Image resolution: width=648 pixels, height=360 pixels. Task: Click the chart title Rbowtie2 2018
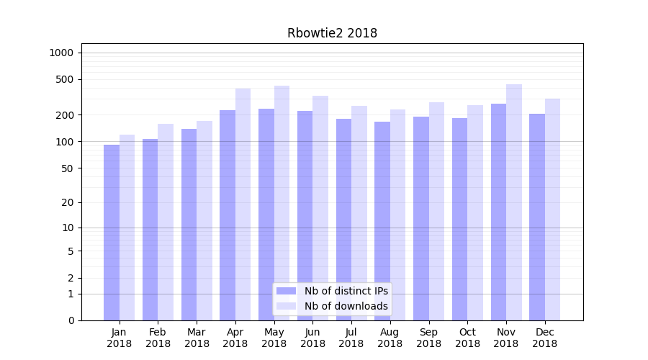pos(332,33)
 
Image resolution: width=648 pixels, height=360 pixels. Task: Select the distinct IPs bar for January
pos(112,233)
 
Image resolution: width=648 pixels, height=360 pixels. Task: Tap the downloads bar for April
pos(243,204)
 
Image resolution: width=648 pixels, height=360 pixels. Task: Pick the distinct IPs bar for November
pos(498,212)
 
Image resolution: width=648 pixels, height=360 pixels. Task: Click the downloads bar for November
pos(514,202)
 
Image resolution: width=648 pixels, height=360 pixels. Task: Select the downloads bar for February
pos(166,222)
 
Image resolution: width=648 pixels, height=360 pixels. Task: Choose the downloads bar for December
pos(553,210)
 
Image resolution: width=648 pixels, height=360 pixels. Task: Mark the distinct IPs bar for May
pos(266,215)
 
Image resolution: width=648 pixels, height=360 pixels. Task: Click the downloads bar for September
pos(436,211)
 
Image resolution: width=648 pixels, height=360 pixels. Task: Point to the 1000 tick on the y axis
pos(61,53)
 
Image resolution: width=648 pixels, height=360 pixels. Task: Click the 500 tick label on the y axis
pos(65,79)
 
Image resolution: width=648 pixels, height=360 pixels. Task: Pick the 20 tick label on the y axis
pos(68,202)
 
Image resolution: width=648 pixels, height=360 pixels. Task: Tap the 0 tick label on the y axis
pos(71,320)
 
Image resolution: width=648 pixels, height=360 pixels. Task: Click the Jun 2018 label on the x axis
pos(312,338)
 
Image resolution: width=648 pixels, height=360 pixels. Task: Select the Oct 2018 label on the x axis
pos(467,338)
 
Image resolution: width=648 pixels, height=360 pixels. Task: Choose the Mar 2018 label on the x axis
pos(197,338)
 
